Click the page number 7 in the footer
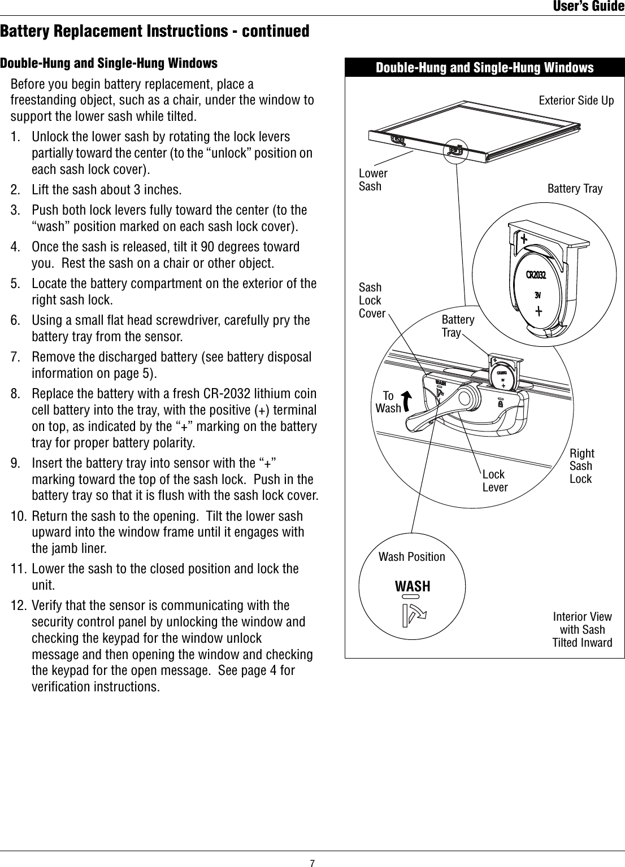(312, 862)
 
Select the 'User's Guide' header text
(588, 7)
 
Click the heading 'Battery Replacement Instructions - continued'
(155, 31)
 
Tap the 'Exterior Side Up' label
(576, 101)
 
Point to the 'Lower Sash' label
(373, 180)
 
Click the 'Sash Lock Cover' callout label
(372, 300)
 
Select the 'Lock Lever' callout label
(494, 481)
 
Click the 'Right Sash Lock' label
(581, 466)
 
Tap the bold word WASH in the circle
(413, 586)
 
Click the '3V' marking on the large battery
(538, 295)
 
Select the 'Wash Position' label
(411, 557)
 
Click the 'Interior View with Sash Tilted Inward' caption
(582, 630)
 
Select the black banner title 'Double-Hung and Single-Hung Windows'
(484, 68)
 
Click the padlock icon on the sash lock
(500, 404)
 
